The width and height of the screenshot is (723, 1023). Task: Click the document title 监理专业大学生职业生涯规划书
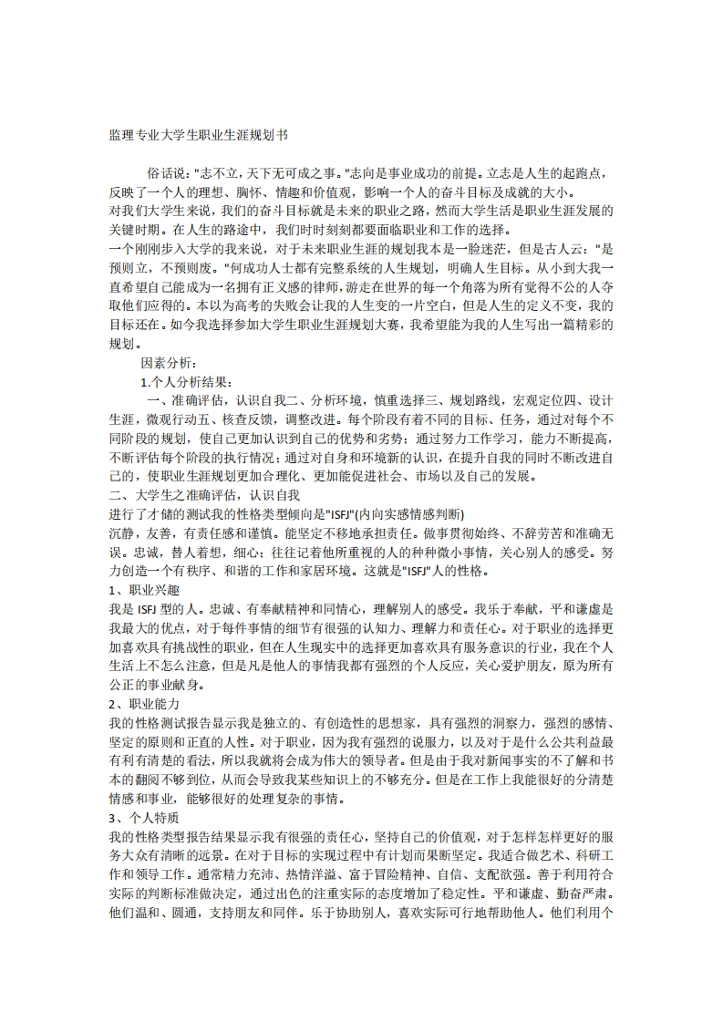pyautogui.click(x=198, y=134)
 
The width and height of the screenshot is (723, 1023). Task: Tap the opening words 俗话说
pyautogui.click(x=167, y=173)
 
